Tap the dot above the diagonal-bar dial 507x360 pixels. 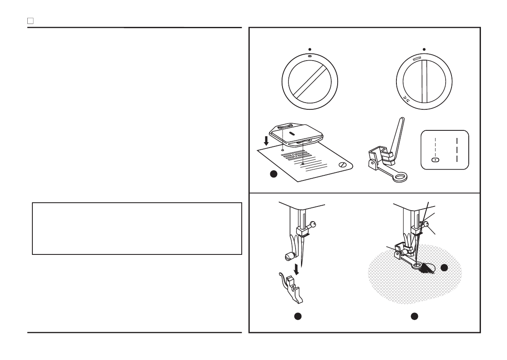tap(310, 49)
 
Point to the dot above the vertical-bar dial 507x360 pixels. tap(424, 49)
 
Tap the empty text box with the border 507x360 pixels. tap(137, 228)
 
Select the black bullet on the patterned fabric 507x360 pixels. tap(444, 267)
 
